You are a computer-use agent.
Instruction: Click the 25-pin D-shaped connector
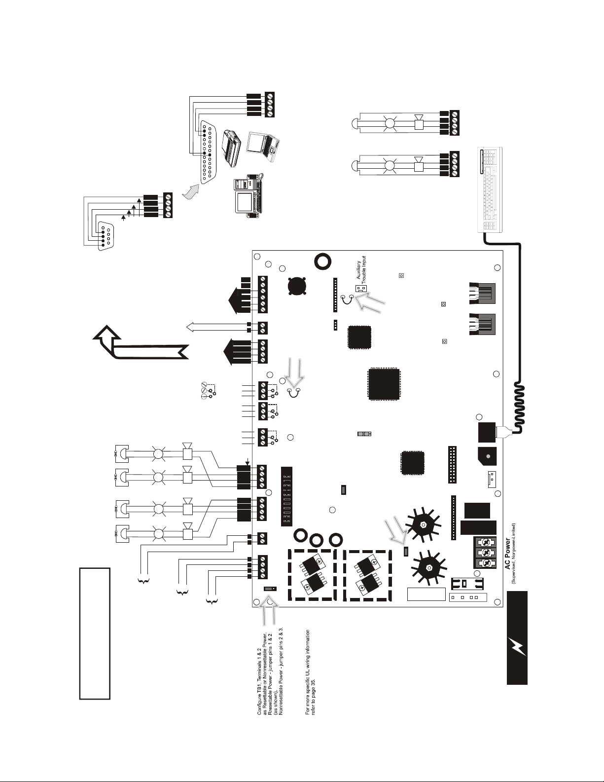207,152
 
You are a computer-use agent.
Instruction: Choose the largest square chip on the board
384,384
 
